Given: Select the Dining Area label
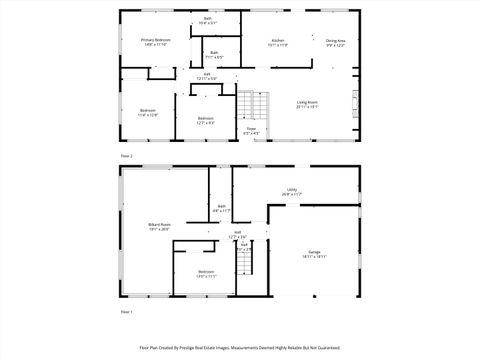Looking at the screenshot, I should pos(335,42).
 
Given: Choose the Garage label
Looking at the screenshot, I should pos(315,254).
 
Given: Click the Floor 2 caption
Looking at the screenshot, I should pos(126,157).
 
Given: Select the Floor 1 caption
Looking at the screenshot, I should pos(126,313).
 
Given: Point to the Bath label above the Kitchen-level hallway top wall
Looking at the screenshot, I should pos(208,20).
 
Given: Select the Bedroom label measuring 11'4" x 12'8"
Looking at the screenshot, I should pos(147,112).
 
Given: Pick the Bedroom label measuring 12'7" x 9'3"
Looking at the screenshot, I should pos(205,121).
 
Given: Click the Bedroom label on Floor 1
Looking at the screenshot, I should pos(205,273).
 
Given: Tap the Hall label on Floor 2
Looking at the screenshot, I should pos(207,75).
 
